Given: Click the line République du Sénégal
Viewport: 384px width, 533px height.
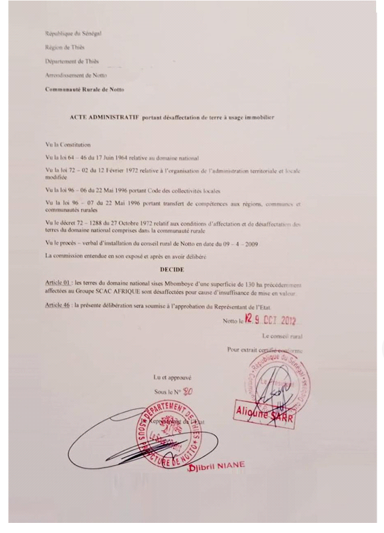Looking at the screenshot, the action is [x=73, y=33].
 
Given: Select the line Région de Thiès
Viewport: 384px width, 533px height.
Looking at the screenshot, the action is [x=64, y=47].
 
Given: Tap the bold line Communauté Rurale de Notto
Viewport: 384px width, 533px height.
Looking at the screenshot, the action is [x=84, y=89].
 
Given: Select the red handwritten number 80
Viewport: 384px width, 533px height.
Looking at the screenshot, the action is [x=189, y=391].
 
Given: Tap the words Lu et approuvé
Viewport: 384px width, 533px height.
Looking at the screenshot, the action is [x=172, y=377].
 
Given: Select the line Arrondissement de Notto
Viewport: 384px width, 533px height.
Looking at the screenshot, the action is [x=76, y=75].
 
